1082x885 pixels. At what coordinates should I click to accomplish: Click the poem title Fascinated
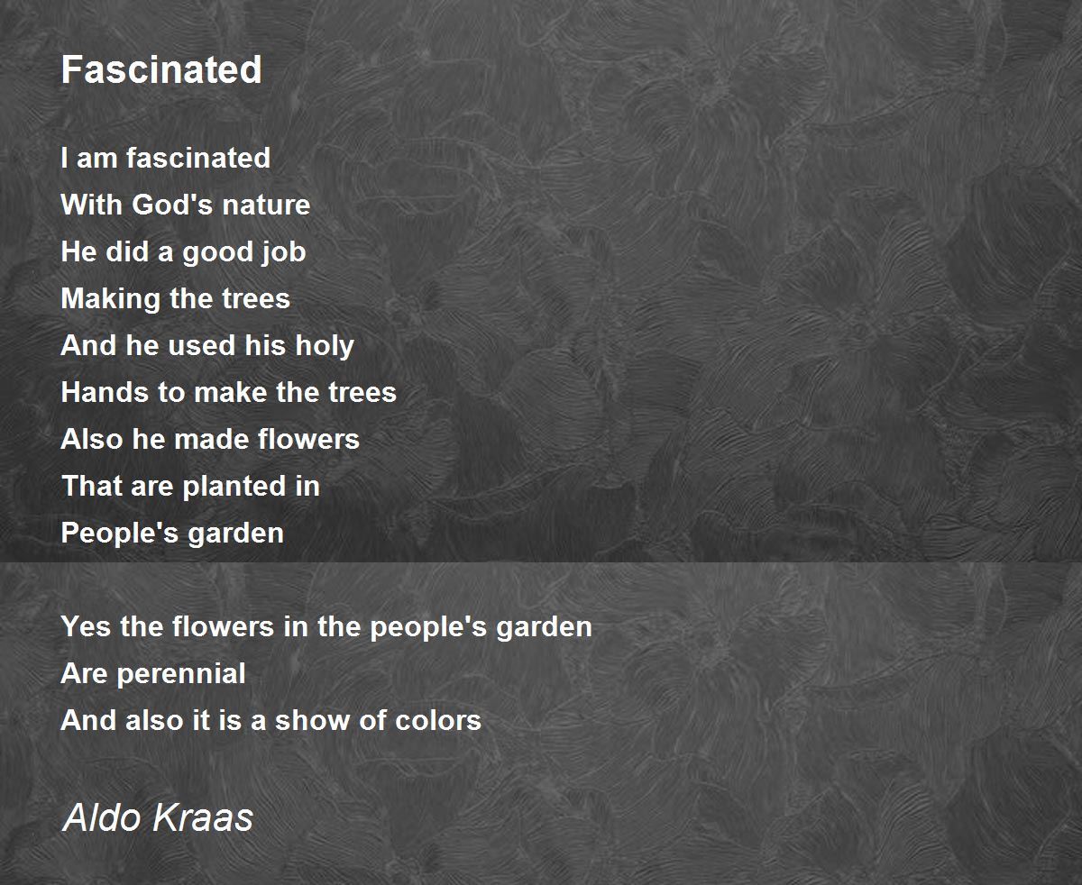(161, 69)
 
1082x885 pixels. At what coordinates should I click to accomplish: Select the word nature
(266, 205)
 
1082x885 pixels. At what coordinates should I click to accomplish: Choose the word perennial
(181, 674)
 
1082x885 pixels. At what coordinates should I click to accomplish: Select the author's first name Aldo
(102, 817)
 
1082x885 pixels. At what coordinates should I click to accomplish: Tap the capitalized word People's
(120, 534)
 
